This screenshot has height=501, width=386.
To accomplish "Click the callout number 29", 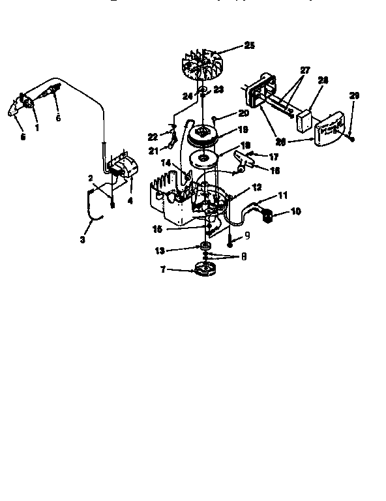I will [353, 96].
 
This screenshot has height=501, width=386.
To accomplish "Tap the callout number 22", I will [153, 136].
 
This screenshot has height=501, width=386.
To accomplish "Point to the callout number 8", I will [243, 256].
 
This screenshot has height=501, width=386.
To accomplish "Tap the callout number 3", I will [83, 240].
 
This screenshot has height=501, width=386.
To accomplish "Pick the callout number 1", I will [37, 128].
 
